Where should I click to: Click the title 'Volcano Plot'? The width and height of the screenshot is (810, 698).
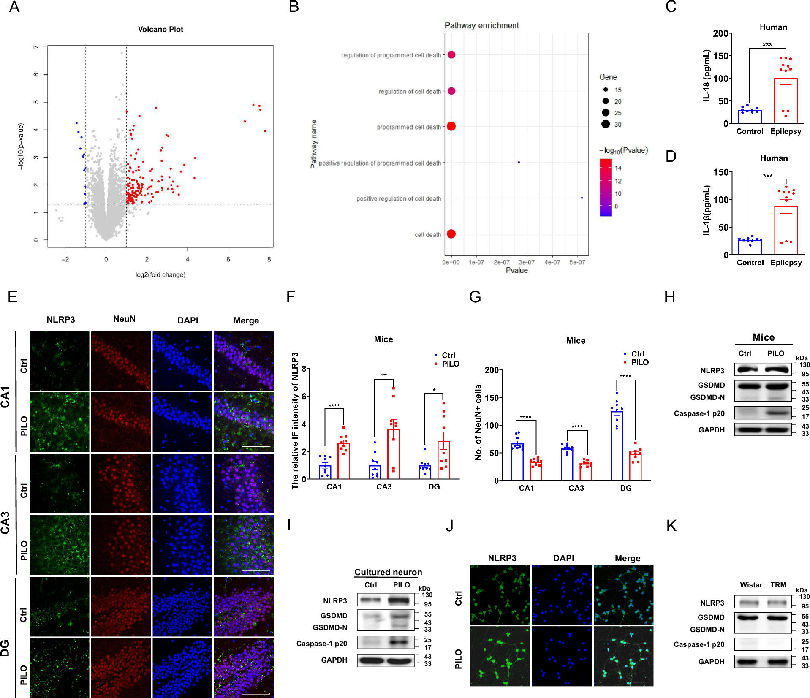click(160, 29)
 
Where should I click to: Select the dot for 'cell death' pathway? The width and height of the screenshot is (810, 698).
click(451, 234)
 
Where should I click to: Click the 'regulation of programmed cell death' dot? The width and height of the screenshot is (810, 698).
click(451, 55)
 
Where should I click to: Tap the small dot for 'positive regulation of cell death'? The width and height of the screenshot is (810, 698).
click(582, 198)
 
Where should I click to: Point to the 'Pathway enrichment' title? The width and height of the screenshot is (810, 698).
click(481, 25)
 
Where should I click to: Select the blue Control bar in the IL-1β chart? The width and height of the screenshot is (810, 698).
click(750, 247)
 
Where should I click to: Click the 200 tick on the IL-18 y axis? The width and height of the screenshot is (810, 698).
click(720, 33)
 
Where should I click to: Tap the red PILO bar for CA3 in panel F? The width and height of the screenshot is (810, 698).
click(394, 454)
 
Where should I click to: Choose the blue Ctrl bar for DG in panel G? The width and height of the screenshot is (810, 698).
click(617, 445)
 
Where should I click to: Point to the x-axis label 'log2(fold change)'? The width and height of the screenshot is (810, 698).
click(160, 275)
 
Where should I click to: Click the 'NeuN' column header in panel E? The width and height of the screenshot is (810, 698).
click(124, 319)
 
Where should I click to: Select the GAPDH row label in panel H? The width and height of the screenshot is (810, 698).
click(712, 430)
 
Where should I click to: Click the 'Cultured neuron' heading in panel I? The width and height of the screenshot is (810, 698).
click(388, 572)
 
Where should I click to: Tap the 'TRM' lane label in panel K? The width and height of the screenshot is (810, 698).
click(778, 585)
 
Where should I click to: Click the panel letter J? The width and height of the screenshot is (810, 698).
click(450, 526)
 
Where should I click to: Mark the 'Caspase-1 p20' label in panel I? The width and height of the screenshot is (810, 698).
click(322, 644)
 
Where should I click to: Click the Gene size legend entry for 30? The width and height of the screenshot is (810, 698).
click(617, 125)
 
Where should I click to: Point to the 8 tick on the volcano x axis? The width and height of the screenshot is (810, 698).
click(269, 259)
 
